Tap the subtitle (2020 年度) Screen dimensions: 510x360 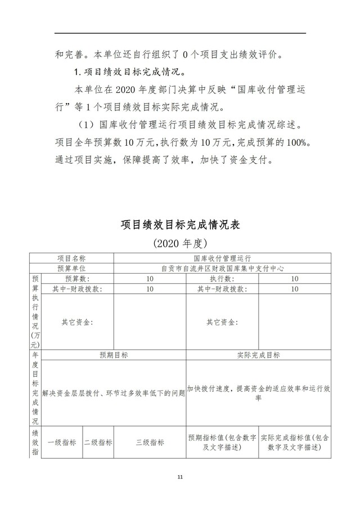[180, 244]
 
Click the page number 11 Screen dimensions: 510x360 [180, 477]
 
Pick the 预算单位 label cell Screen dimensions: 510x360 [71, 269]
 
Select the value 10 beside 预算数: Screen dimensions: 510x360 [150, 279]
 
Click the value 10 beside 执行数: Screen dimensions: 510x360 [295, 279]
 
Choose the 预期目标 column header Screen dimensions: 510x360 [114, 355]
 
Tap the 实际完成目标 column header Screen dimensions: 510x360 [259, 355]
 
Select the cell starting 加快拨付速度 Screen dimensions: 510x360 [259, 393]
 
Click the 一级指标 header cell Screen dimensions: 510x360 [62, 442]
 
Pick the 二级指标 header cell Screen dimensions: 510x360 [98, 442]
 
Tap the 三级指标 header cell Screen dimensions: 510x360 [150, 442]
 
